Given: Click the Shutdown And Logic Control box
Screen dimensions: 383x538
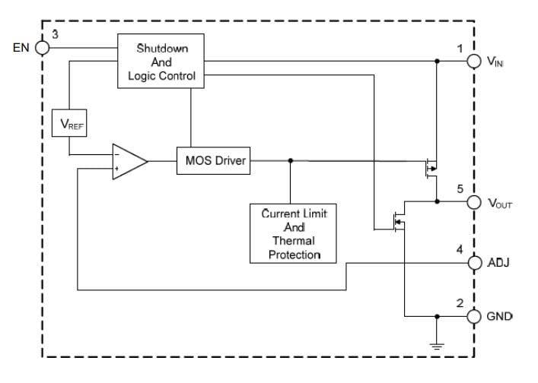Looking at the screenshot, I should click(161, 62).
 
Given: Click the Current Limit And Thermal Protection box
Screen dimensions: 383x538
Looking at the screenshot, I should click(294, 233).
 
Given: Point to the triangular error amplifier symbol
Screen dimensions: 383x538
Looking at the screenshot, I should click(128, 161).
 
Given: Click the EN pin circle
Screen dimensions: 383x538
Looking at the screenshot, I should click(43, 47).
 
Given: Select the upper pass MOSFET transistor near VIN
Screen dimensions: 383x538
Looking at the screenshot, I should click(431, 167).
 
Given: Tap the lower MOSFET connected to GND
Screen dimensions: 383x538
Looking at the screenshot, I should click(397, 222).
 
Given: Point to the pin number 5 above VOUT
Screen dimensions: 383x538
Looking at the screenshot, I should click(460, 188).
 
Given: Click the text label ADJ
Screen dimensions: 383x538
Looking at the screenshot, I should click(498, 263).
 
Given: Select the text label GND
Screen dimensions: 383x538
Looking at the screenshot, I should click(500, 315).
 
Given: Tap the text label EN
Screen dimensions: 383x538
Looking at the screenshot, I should click(21, 47).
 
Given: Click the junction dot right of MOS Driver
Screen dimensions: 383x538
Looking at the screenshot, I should click(290, 161).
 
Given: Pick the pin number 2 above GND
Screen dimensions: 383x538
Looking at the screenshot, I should click(460, 302).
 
